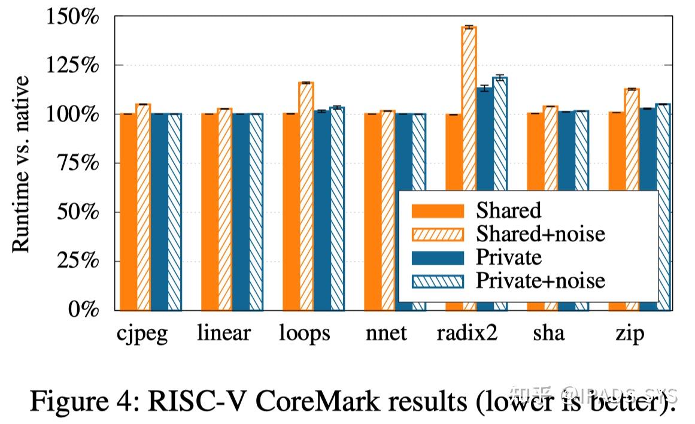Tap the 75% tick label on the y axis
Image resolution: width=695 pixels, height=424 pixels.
pos(77,163)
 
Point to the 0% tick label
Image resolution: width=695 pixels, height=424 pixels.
pos(83,310)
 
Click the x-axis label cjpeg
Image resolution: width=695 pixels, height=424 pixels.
pos(142,334)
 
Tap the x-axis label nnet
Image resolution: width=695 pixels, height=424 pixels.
pos(386,334)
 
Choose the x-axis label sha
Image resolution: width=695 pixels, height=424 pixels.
pos(548,334)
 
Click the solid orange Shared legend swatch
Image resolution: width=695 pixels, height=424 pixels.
pos(438,210)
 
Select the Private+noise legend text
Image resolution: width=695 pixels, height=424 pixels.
pos(541,280)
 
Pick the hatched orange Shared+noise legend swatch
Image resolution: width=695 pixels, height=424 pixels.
pos(438,234)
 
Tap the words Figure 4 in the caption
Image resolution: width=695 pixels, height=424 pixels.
pos(74,401)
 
